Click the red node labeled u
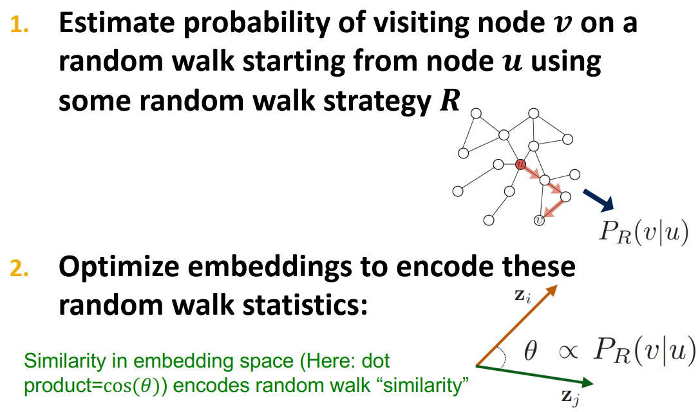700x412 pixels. tap(520, 164)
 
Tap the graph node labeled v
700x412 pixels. tap(540, 221)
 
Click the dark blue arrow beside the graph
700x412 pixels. tap(598, 200)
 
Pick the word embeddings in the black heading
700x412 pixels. tap(287, 267)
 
